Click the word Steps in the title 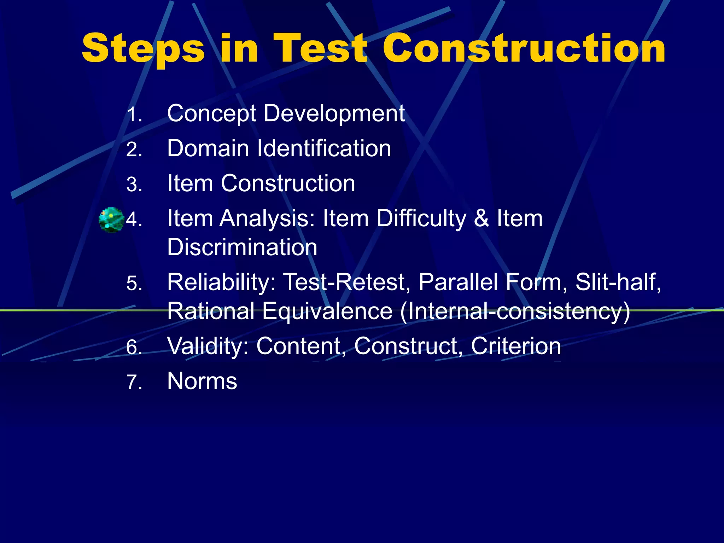pyautogui.click(x=143, y=49)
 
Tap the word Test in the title pyautogui.click(x=320, y=49)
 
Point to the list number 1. pyautogui.click(x=134, y=115)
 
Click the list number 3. pyautogui.click(x=134, y=185)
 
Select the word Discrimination pyautogui.click(x=242, y=247)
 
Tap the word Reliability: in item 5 pyautogui.click(x=221, y=282)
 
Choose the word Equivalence pyautogui.click(x=327, y=311)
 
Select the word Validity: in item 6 pyautogui.click(x=208, y=346)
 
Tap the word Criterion pyautogui.click(x=516, y=346)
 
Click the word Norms pyautogui.click(x=202, y=381)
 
